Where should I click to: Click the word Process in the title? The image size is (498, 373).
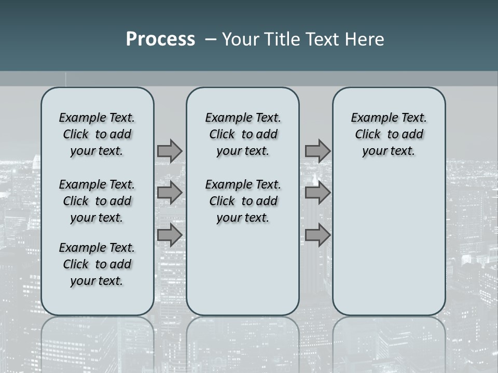[x=160, y=39]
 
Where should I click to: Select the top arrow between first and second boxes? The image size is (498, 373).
[x=170, y=151]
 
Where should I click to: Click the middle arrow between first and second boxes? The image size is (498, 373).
[x=170, y=193]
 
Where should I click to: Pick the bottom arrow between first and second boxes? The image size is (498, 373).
[x=170, y=235]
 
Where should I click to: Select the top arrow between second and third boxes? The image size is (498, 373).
[x=317, y=151]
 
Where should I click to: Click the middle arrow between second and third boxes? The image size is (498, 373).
[x=317, y=193]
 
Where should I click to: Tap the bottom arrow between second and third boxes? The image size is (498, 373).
[x=317, y=235]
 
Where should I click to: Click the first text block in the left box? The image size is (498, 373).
[x=97, y=134]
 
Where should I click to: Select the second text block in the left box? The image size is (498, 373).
[x=97, y=201]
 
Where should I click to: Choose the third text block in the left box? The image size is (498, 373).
[x=97, y=264]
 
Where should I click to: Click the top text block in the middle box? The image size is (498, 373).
[x=243, y=134]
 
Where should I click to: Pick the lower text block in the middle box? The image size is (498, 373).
[x=243, y=201]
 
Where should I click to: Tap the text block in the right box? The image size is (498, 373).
[x=389, y=134]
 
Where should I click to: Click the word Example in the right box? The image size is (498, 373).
[x=371, y=118]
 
